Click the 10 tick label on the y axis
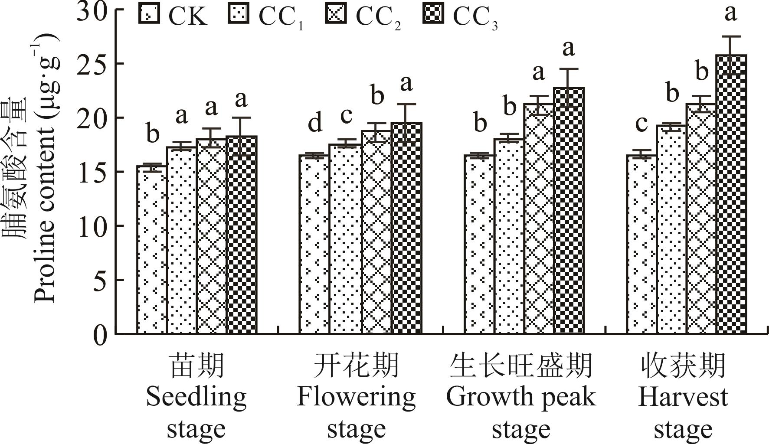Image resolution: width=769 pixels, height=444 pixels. tap(92, 226)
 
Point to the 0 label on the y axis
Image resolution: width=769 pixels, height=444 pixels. tap(100, 334)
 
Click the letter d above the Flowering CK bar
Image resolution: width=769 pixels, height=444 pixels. tap(315, 123)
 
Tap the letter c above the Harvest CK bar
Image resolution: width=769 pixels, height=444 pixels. tap(641, 123)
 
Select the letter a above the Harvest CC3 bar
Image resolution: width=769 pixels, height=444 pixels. tap(731, 13)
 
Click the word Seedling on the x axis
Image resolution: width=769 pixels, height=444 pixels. tap(196, 397)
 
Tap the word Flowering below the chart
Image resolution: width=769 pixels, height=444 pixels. tap(356, 397)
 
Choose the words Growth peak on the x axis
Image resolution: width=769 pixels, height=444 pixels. tap(520, 397)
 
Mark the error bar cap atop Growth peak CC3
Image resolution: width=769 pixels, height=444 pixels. tap(569, 69)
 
